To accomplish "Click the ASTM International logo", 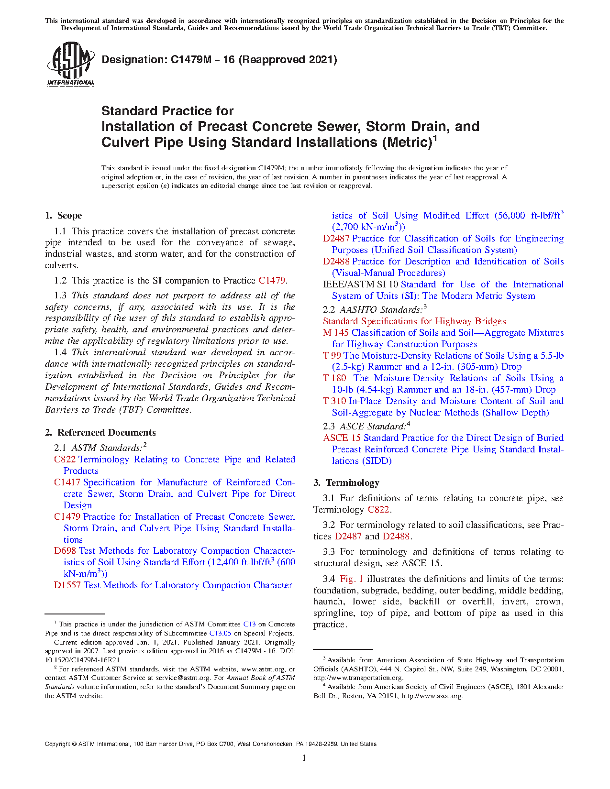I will click(70, 64).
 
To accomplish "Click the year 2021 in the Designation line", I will click(323, 60).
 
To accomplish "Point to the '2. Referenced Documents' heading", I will click(100, 433).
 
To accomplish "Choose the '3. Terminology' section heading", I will click(346, 483).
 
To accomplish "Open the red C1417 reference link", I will click(67, 482).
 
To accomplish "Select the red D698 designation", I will click(65, 551).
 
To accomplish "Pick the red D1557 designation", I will click(67, 585).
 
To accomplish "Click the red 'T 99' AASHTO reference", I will click(332, 356).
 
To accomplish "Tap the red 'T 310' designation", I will click(334, 401).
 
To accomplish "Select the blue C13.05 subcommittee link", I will click(220, 634).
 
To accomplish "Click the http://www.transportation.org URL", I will click(358, 678).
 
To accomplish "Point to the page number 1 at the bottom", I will click(304, 758).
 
